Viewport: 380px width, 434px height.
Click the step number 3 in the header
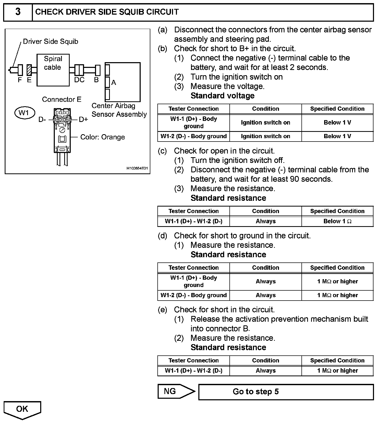pos(18,12)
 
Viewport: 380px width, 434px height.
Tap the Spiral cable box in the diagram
pos(53,70)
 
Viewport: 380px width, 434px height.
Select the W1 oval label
pos(24,113)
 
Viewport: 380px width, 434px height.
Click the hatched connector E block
pos(29,70)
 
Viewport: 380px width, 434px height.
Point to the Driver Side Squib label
pos(50,42)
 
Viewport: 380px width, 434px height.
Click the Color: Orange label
pos(102,137)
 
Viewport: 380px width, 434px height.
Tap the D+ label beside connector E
pos(84,120)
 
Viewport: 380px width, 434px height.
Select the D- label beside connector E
pos(42,120)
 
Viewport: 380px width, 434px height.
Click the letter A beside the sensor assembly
pos(114,83)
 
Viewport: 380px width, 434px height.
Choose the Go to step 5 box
pos(286,392)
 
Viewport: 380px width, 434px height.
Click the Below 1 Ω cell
pos(337,221)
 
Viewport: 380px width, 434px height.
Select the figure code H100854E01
pos(137,168)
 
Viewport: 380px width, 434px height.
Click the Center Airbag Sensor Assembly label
pos(119,110)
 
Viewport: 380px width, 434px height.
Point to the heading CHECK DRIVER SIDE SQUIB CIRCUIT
pos(107,12)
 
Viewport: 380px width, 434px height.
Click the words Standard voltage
pos(222,96)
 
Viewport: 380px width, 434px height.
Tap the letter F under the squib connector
pos(20,80)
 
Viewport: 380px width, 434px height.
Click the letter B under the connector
pos(96,80)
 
